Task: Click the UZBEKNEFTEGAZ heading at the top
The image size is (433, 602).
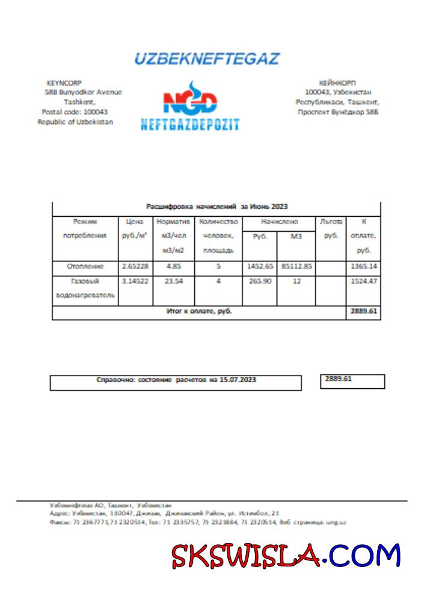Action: pos(206,59)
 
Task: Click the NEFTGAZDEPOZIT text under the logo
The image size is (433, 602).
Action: pos(190,125)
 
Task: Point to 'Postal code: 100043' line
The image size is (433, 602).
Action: pos(75,112)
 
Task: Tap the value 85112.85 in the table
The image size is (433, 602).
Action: pos(296,266)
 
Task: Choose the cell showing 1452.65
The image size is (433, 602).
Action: pos(259,266)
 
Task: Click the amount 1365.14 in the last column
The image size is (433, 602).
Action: pos(364,266)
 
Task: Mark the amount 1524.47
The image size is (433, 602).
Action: pos(364,281)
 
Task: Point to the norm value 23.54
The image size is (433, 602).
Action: pos(173,281)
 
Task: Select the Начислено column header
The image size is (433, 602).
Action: pos(278,222)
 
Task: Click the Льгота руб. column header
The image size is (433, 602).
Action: pos(331,229)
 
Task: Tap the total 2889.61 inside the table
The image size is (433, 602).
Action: pos(364,312)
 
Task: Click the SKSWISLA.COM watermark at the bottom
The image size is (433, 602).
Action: pos(286,555)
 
